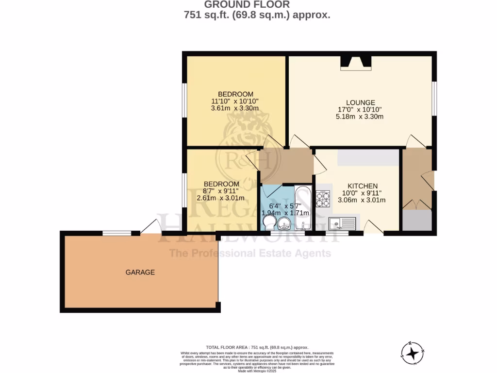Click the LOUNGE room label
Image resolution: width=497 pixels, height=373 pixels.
coord(360,102)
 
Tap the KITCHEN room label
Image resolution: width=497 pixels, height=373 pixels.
coord(362,186)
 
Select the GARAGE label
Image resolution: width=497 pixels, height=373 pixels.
coord(140,272)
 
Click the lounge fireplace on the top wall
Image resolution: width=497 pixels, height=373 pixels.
coord(355,62)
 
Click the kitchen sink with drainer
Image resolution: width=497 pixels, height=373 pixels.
coord(342,223)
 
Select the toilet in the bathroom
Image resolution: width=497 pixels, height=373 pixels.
coord(268,223)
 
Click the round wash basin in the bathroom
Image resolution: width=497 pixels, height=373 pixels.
coord(284,223)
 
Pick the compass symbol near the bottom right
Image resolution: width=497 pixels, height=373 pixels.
coord(413,352)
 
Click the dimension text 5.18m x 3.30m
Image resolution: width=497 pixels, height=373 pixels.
coord(360,117)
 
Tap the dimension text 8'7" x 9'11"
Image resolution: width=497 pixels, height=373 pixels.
coord(221,191)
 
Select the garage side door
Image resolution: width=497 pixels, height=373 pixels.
coord(151,228)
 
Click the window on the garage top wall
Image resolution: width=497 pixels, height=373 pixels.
coord(117,233)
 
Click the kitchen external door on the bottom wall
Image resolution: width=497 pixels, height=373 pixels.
coord(373,228)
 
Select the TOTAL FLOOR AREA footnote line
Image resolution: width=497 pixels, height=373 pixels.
coord(257,347)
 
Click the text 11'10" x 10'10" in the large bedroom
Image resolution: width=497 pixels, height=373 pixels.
coord(235,101)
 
